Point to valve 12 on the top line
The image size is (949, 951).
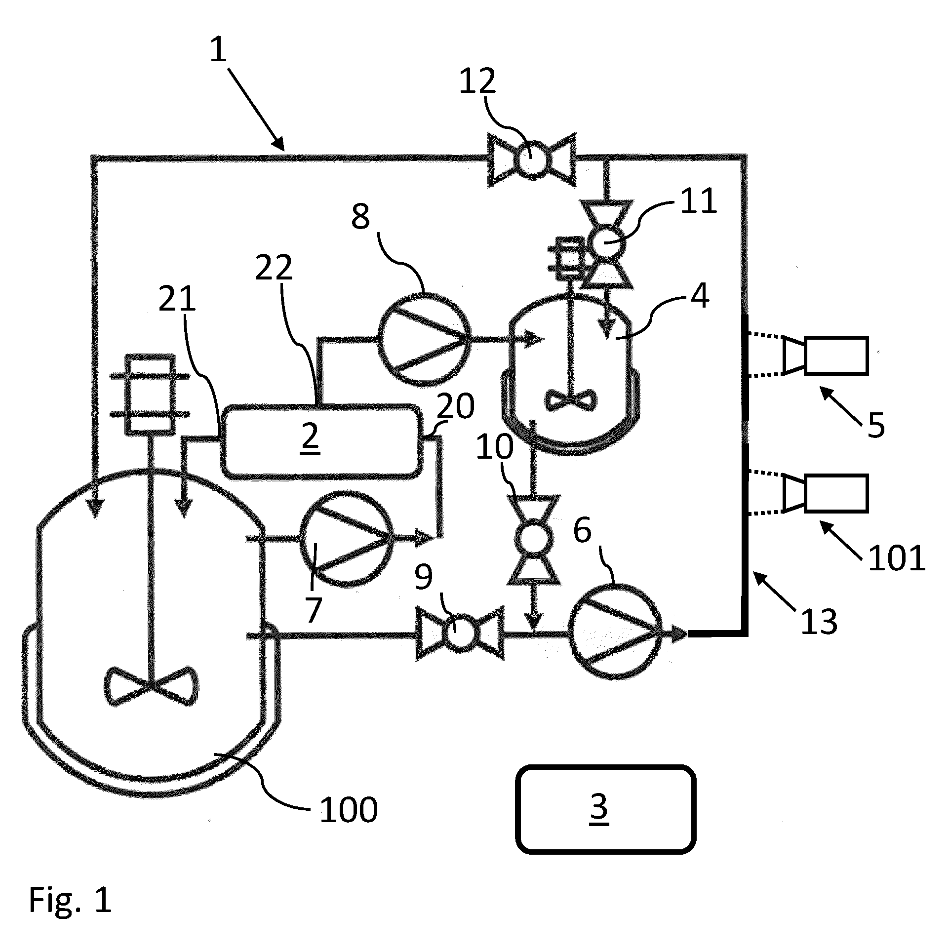[531, 159]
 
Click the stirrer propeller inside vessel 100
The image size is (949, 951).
[151, 686]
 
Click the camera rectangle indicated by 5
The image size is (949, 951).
[836, 355]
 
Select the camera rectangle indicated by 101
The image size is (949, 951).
[836, 493]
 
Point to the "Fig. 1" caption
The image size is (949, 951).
[71, 900]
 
